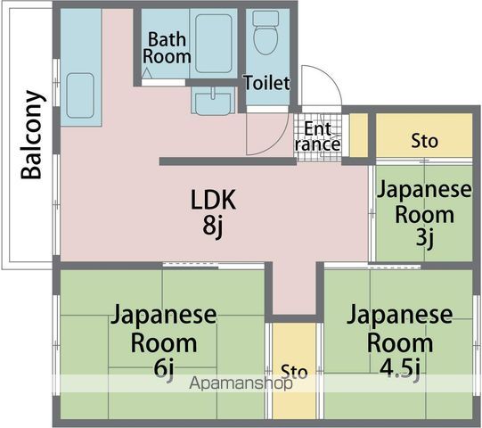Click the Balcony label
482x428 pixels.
pos(33,135)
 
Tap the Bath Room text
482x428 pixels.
pos(168,48)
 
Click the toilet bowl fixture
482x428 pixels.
pos(266,37)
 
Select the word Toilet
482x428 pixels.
pos(267,84)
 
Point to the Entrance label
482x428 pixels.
pos(317,136)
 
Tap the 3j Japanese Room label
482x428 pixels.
pos(422,214)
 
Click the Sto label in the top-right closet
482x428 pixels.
pos(424,141)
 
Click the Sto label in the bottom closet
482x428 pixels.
pos(293,370)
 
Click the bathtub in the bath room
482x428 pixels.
pos(214,42)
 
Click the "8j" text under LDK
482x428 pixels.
pos(213,226)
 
